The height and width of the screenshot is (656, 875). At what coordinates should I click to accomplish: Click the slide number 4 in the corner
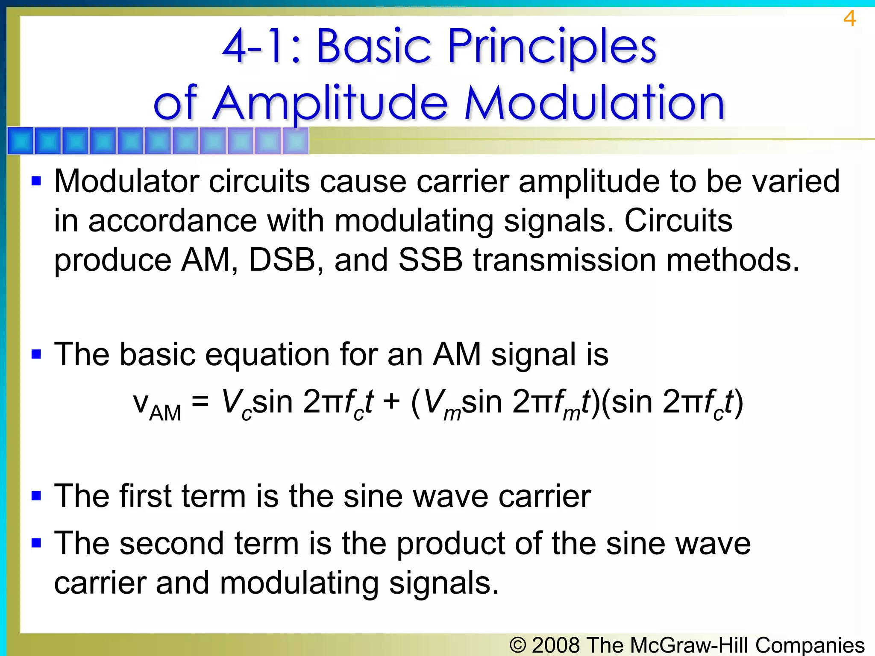pos(849,19)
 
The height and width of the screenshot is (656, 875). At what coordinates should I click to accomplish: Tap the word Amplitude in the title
pos(330,103)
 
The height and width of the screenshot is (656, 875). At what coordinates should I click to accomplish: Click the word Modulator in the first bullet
pos(126,181)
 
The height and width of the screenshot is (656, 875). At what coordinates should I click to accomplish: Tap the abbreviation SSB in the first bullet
pos(430,260)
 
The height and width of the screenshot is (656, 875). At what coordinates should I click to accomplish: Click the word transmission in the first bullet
pos(565,260)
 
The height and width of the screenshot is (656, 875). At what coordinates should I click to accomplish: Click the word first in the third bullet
pos(145,496)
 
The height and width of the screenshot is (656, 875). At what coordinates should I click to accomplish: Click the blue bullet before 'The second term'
pos(37,543)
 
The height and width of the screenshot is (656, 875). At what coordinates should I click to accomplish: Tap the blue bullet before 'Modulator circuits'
pos(37,181)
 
